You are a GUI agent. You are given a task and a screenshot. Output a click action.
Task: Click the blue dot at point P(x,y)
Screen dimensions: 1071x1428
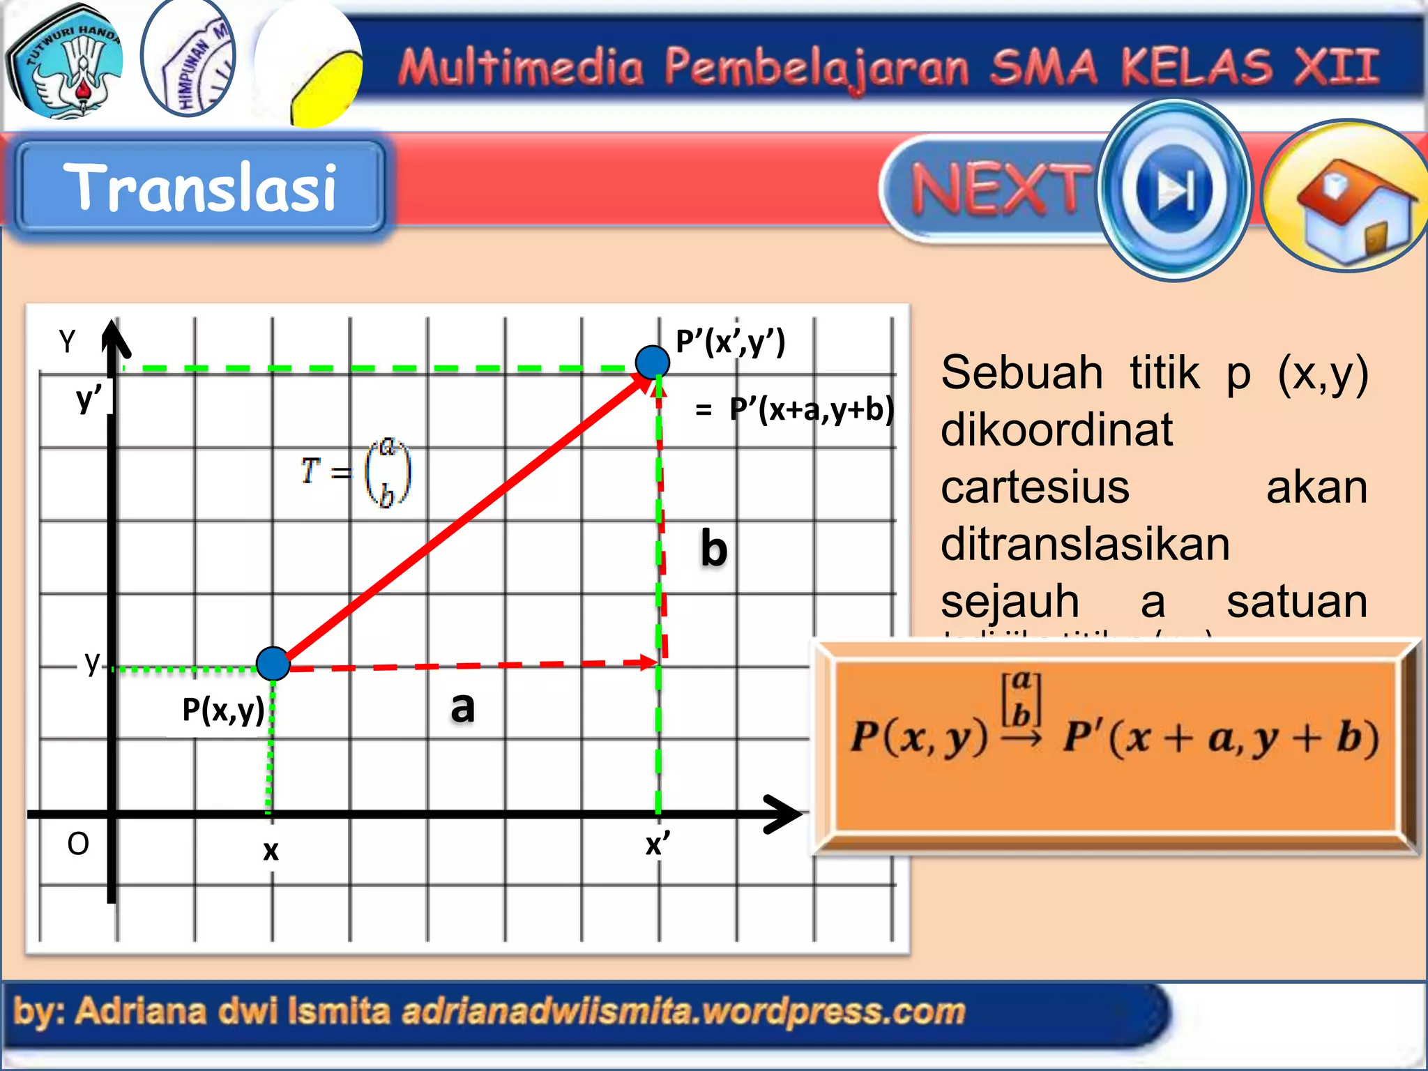tap(273, 663)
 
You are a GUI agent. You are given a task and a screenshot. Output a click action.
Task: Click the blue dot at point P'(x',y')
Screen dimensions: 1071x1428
tap(653, 362)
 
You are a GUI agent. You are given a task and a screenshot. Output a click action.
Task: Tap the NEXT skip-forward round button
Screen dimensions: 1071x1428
tap(1176, 190)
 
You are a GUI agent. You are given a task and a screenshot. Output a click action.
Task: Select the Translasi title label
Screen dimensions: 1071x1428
tap(200, 186)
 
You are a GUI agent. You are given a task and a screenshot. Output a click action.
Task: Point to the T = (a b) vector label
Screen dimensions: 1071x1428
tap(356, 472)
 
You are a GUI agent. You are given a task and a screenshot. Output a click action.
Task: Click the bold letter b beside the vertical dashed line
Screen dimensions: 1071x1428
tap(714, 549)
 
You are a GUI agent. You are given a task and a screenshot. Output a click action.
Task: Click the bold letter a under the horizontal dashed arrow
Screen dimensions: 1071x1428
tap(462, 707)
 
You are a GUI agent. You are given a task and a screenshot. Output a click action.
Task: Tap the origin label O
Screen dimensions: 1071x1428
tap(78, 844)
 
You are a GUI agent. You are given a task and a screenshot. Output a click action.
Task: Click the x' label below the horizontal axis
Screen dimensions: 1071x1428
tap(657, 844)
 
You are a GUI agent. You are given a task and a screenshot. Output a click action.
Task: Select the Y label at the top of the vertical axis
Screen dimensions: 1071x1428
tap(67, 342)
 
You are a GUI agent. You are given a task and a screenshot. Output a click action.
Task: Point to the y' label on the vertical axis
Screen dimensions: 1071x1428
tap(89, 399)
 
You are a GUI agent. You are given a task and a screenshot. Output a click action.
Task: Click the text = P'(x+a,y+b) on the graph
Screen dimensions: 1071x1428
tap(795, 409)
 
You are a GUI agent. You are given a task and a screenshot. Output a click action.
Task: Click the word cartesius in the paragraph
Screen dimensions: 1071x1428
tap(1035, 487)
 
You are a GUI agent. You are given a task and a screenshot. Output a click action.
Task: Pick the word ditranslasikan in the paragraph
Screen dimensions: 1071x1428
tap(1085, 545)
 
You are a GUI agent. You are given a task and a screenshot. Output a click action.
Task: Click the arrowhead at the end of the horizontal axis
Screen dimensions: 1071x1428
tap(784, 814)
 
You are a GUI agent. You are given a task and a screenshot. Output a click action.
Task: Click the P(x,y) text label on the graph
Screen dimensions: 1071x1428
tap(223, 711)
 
